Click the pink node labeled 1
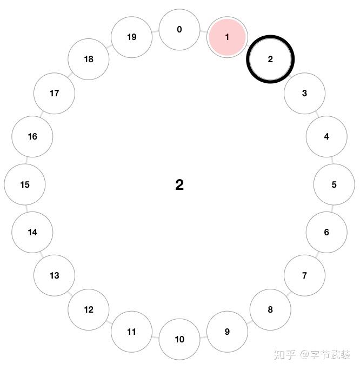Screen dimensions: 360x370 [x=227, y=37]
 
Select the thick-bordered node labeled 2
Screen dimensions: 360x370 [x=270, y=60]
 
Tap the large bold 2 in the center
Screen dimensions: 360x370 [x=179, y=185]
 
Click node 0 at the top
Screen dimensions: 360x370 [x=179, y=30]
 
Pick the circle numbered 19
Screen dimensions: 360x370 [x=132, y=37]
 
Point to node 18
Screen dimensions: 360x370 [x=89, y=60]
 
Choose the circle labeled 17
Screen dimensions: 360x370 [x=54, y=93]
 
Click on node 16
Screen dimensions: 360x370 [x=32, y=136]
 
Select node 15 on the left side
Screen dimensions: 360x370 [x=25, y=184]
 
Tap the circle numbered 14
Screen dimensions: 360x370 [x=32, y=232]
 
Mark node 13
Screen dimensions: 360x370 [x=54, y=275]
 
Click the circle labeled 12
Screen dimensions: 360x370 [x=89, y=309]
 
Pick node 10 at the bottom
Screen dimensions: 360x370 [x=179, y=339]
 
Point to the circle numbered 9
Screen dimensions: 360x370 [x=227, y=332]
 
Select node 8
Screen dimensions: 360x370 [x=270, y=309]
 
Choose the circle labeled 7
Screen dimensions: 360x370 [x=304, y=275]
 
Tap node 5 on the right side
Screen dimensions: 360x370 [x=334, y=184]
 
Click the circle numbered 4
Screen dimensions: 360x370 [x=326, y=136]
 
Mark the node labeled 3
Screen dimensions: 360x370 [x=304, y=93]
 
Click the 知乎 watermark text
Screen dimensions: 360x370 [x=284, y=355]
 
